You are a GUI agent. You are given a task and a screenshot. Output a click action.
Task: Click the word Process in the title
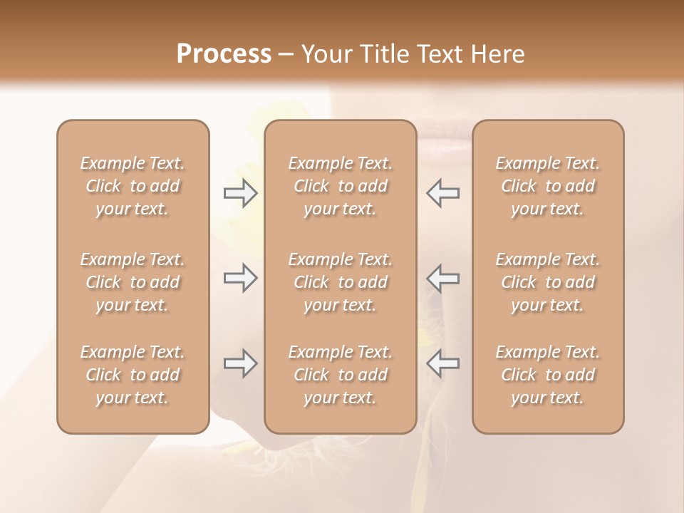pos(224,54)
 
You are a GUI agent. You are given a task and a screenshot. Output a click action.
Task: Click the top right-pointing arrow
pos(240,193)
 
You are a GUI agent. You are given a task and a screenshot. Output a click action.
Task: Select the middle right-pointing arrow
pos(240,278)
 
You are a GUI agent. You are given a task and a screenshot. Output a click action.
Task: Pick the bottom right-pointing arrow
pos(240,363)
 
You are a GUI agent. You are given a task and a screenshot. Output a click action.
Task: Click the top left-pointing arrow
pos(443,193)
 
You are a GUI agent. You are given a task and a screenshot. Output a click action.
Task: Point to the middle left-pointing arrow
pos(443,278)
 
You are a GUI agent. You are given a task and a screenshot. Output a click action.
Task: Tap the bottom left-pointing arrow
pos(443,363)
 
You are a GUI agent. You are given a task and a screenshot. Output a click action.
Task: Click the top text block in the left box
pos(133,186)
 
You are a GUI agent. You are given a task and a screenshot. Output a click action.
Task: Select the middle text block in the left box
pos(133,282)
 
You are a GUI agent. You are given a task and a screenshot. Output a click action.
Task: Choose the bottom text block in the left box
pos(133,375)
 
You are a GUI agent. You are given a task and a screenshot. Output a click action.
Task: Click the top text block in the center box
pos(340,186)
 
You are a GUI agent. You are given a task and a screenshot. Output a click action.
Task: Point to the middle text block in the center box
pos(340,282)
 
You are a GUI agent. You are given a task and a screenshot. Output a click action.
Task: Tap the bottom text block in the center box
pos(340,375)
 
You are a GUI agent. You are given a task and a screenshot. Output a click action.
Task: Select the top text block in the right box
pos(548,186)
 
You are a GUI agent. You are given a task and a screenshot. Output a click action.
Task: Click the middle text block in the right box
pos(548,282)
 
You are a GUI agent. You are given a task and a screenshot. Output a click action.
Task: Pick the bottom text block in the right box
pos(548,375)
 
